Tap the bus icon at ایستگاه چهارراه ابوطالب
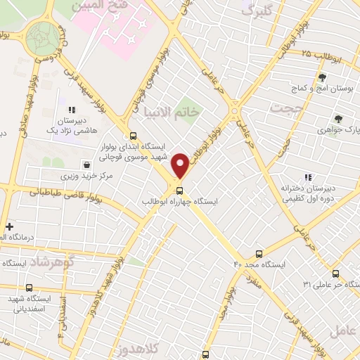[x=179, y=190]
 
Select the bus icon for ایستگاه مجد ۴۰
[x=259, y=254]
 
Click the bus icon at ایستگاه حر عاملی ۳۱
[x=335, y=274]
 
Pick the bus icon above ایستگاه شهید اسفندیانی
[x=29, y=287]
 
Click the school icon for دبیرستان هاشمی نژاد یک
[x=71, y=110]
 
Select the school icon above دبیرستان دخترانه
[x=307, y=176]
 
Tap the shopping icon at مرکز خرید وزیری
[x=86, y=165]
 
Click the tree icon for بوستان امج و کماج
[x=322, y=77]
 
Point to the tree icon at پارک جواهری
[x=338, y=119]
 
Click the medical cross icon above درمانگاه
[x=8, y=226]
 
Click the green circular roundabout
[x=44, y=36]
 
